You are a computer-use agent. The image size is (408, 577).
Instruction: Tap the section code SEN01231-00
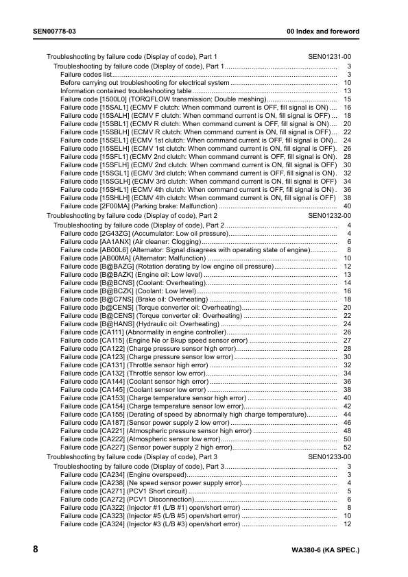point(329,56)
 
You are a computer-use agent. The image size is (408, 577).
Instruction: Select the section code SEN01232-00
point(329,215)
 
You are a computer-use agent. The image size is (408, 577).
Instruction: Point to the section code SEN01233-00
point(329,456)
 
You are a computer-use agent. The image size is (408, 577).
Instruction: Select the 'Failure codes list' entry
point(86,74)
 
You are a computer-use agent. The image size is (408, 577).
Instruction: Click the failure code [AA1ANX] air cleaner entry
point(130,242)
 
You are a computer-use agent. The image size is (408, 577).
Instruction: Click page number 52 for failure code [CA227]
point(347,447)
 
